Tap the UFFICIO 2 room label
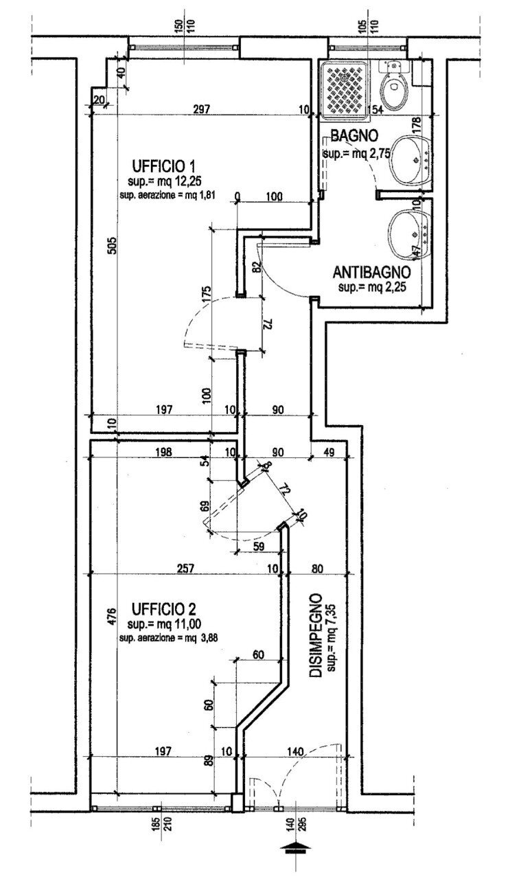tap(164, 608)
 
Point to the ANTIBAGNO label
tap(371, 271)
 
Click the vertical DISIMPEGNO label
tap(316, 636)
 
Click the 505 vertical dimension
tap(113, 245)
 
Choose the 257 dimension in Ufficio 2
tap(186, 568)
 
